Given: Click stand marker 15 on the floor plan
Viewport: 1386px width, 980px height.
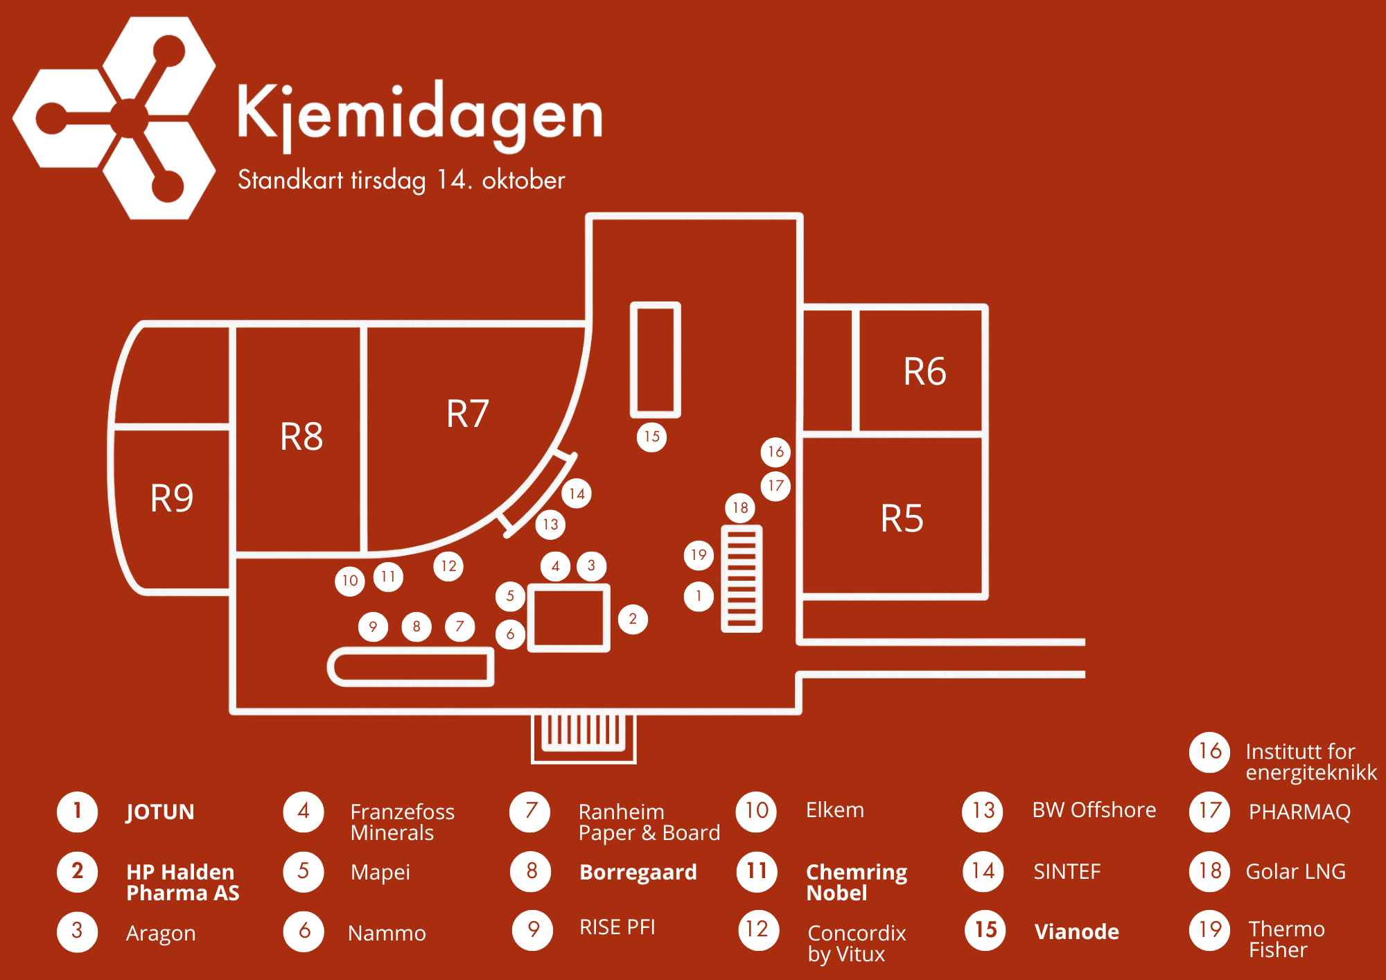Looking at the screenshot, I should [651, 437].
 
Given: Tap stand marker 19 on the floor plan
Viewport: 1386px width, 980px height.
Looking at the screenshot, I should [699, 554].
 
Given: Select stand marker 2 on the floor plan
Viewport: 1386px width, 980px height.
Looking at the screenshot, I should [633, 619].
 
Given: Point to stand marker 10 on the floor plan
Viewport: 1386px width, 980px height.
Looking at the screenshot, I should [350, 580].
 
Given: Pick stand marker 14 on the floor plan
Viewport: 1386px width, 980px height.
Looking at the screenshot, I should [577, 493].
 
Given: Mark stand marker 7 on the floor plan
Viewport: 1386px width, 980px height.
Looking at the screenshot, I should [459, 627].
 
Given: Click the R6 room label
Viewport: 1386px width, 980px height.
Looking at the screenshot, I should [924, 371].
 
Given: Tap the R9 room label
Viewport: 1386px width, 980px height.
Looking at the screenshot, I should [172, 498].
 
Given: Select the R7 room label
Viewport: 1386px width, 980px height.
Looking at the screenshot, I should [468, 414].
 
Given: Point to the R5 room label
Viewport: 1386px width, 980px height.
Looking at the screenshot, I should [902, 518].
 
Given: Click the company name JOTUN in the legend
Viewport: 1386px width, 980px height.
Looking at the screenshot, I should [160, 812].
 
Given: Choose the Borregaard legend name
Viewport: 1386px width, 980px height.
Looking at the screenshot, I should [638, 872].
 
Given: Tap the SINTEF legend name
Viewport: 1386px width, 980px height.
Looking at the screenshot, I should [1067, 871].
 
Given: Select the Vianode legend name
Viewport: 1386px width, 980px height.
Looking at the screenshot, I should [1076, 931].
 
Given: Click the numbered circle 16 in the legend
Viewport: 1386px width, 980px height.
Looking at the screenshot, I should [1210, 751].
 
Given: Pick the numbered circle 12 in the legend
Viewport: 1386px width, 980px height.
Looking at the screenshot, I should [757, 929].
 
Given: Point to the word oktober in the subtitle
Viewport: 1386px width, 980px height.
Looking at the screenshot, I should [523, 180].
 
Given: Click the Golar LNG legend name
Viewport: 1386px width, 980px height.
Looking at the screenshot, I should [1295, 871].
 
